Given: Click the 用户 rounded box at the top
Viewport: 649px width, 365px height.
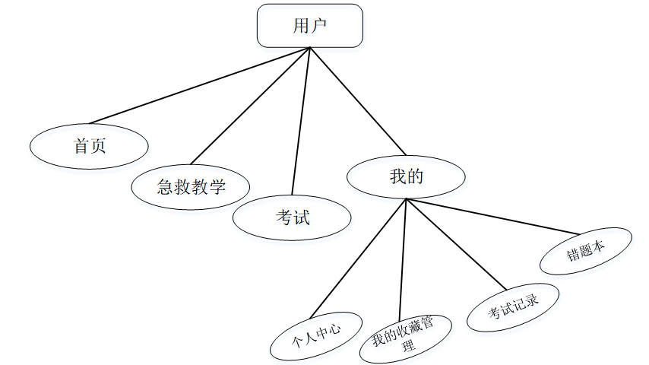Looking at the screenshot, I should (309, 26).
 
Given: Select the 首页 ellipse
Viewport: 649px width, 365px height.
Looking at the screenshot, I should (89, 145).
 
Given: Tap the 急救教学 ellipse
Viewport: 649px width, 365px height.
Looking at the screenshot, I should (191, 186).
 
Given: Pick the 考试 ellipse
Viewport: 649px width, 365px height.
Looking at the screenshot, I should (292, 218).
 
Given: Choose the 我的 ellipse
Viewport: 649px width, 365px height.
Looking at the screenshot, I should (406, 177).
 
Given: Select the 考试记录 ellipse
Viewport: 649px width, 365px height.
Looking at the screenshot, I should (513, 308).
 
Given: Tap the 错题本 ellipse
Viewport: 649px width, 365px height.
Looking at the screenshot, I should (585, 251).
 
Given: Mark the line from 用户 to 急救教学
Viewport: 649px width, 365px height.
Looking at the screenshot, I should (251, 106).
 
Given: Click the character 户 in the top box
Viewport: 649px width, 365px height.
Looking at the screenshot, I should (319, 26).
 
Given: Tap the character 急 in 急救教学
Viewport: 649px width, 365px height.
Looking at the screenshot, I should (165, 186).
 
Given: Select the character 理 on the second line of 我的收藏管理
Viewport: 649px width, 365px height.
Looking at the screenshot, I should (408, 347).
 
